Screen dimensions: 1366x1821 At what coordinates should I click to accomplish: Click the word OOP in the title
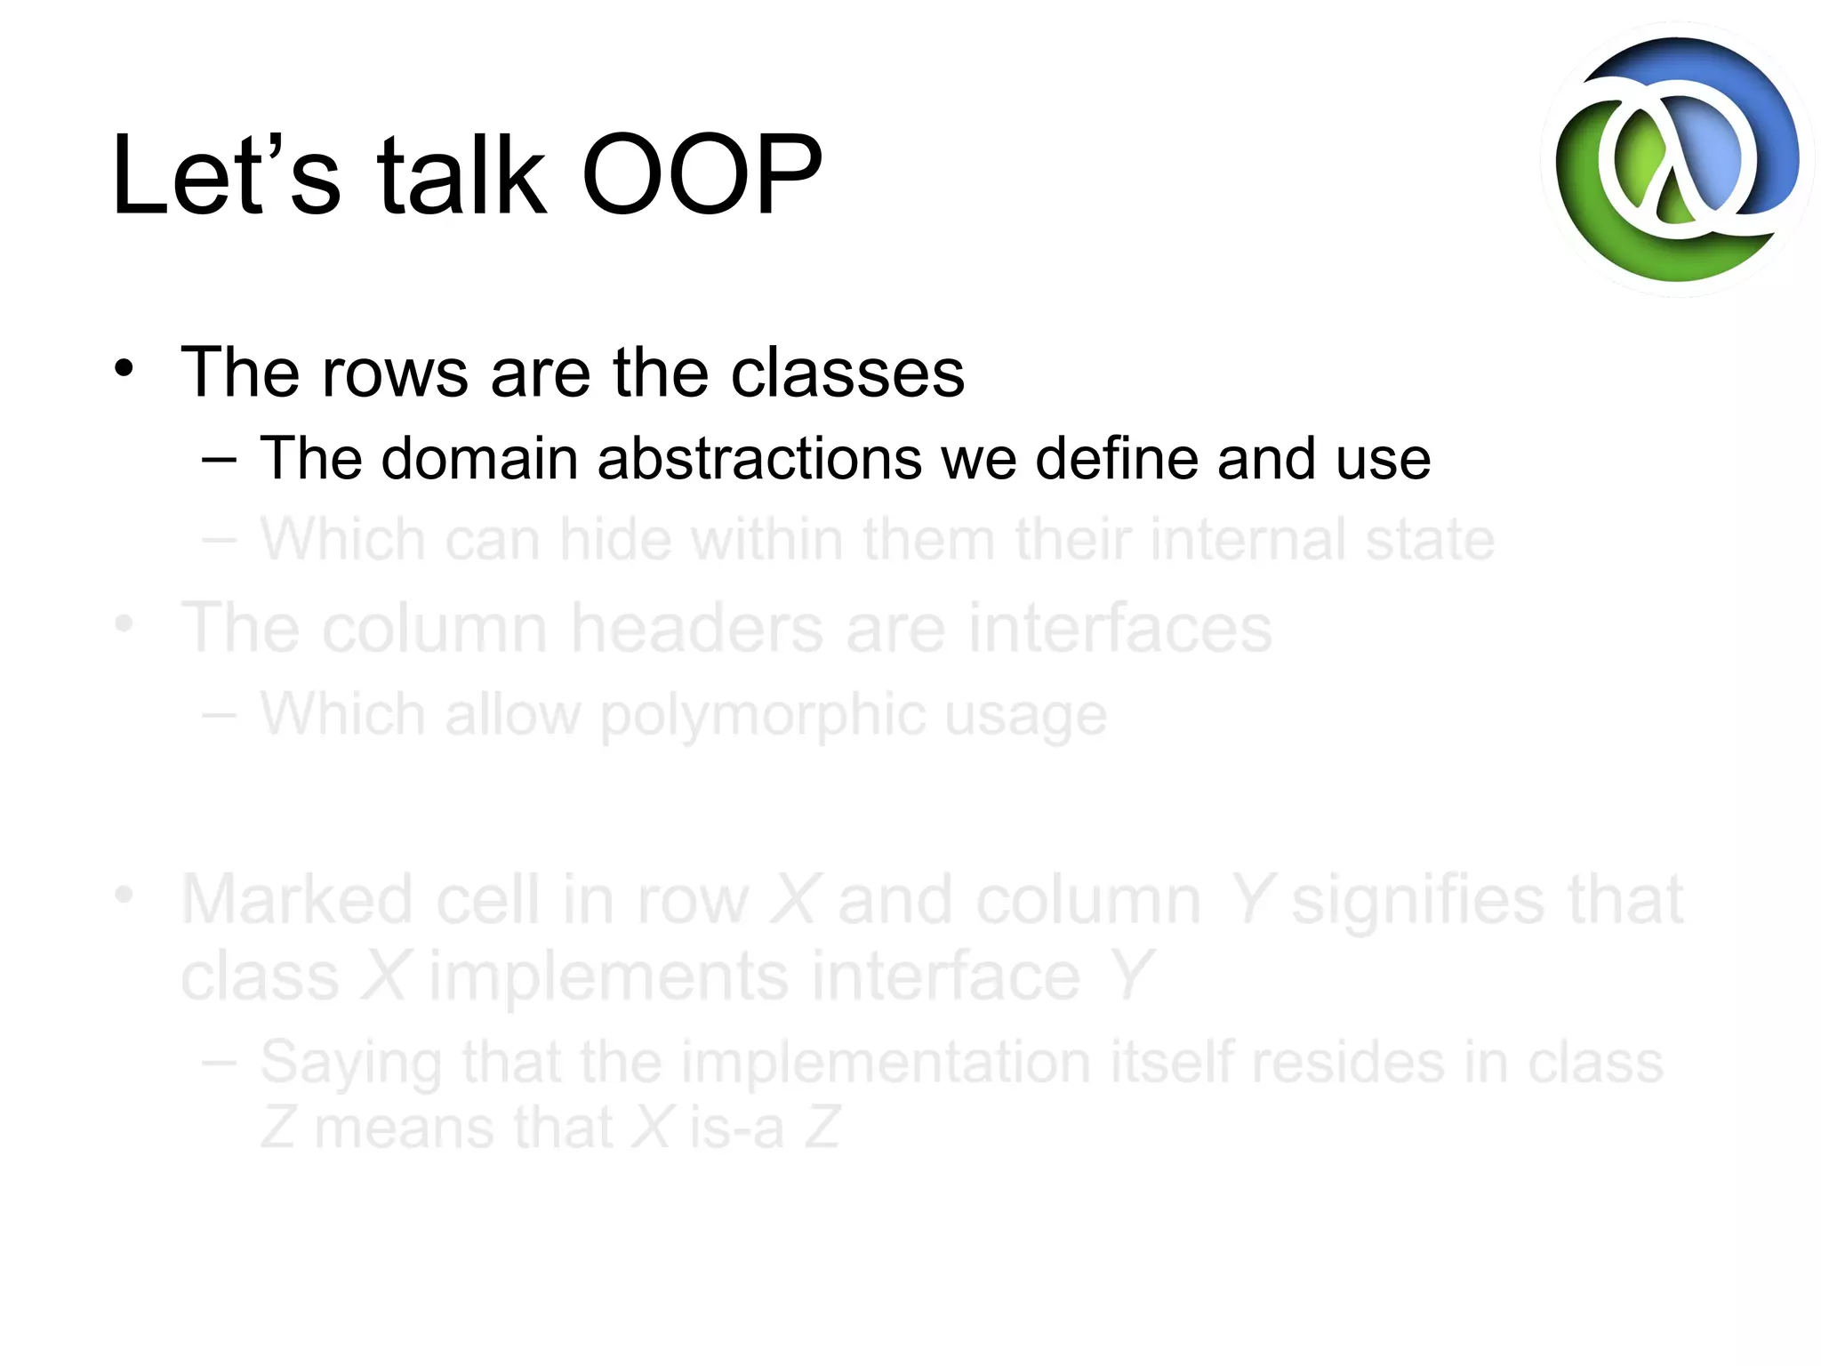tap(702, 175)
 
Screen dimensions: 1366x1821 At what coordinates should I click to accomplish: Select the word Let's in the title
tap(226, 175)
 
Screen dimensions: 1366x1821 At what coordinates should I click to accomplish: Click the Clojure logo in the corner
tap(1677, 160)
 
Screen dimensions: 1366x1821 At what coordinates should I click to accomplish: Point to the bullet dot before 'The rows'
tap(124, 368)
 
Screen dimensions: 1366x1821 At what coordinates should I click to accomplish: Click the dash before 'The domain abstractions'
tap(219, 460)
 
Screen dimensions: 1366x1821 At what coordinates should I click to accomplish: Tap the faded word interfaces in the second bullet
tap(1119, 628)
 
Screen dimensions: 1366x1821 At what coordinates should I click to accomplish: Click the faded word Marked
tap(297, 900)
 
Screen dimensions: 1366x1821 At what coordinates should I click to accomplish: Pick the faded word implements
tap(608, 976)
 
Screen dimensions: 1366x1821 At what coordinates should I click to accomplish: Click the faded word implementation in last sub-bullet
tap(886, 1062)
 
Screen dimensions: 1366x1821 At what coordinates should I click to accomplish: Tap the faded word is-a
tap(736, 1128)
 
